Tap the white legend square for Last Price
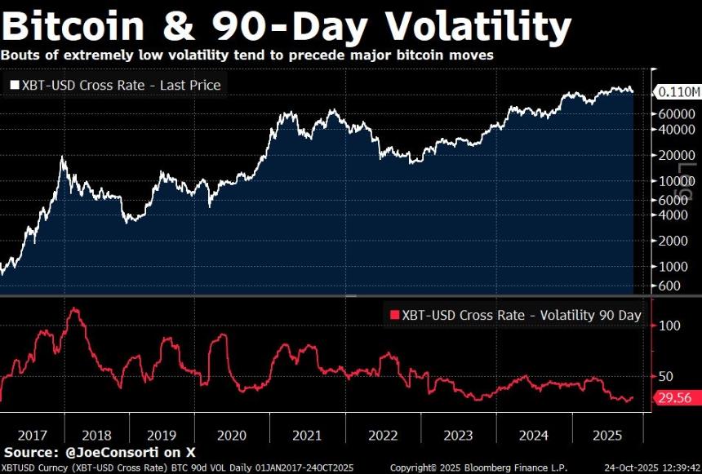(x=14, y=85)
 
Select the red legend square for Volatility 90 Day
(x=395, y=316)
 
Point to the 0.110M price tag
(x=678, y=91)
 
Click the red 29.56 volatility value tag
(x=674, y=397)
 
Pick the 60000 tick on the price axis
(x=677, y=113)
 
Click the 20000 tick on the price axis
(x=677, y=155)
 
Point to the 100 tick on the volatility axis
(x=669, y=326)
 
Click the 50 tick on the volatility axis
(x=667, y=376)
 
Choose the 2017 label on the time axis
(x=31, y=434)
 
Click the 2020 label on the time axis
(x=231, y=434)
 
